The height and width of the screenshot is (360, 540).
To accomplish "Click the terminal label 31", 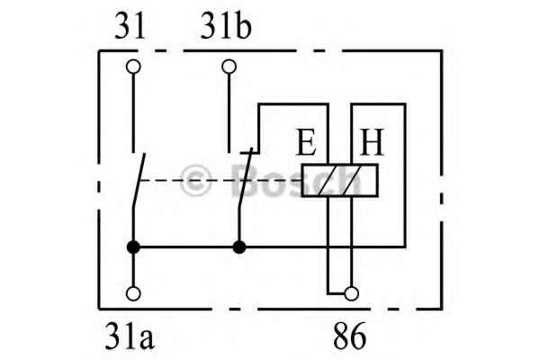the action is pos(130,26).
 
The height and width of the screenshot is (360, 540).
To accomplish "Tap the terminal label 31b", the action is pos(226,26).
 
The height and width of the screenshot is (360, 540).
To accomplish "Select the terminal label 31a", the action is pos(130,336).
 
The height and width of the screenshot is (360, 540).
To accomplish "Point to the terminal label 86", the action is pos(349,336).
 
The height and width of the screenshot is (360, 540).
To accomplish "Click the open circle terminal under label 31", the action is pos(133,67).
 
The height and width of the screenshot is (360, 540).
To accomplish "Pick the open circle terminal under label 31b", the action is pos(229,67).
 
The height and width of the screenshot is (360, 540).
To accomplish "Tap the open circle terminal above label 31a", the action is pos(133,294).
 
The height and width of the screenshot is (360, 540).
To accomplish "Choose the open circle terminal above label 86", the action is pos(351,294).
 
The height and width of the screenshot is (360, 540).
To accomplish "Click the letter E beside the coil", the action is pos(306,142).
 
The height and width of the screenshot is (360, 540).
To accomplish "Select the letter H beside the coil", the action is pos(372,142).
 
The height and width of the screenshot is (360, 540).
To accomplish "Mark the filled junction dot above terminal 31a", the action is pos(133,247).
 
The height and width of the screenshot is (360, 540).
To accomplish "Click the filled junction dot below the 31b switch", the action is pos(239,247).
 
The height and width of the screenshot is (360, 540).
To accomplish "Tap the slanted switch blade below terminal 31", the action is pos(139,180).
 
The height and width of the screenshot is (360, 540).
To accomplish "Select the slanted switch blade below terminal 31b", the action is pos(245,178).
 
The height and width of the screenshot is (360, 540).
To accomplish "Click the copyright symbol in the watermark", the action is pos(195,180).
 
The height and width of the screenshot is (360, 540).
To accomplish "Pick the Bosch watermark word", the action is pos(296,179).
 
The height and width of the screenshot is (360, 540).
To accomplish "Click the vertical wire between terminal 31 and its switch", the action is pos(133,112).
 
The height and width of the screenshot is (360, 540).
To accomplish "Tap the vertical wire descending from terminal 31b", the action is pos(229,112).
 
